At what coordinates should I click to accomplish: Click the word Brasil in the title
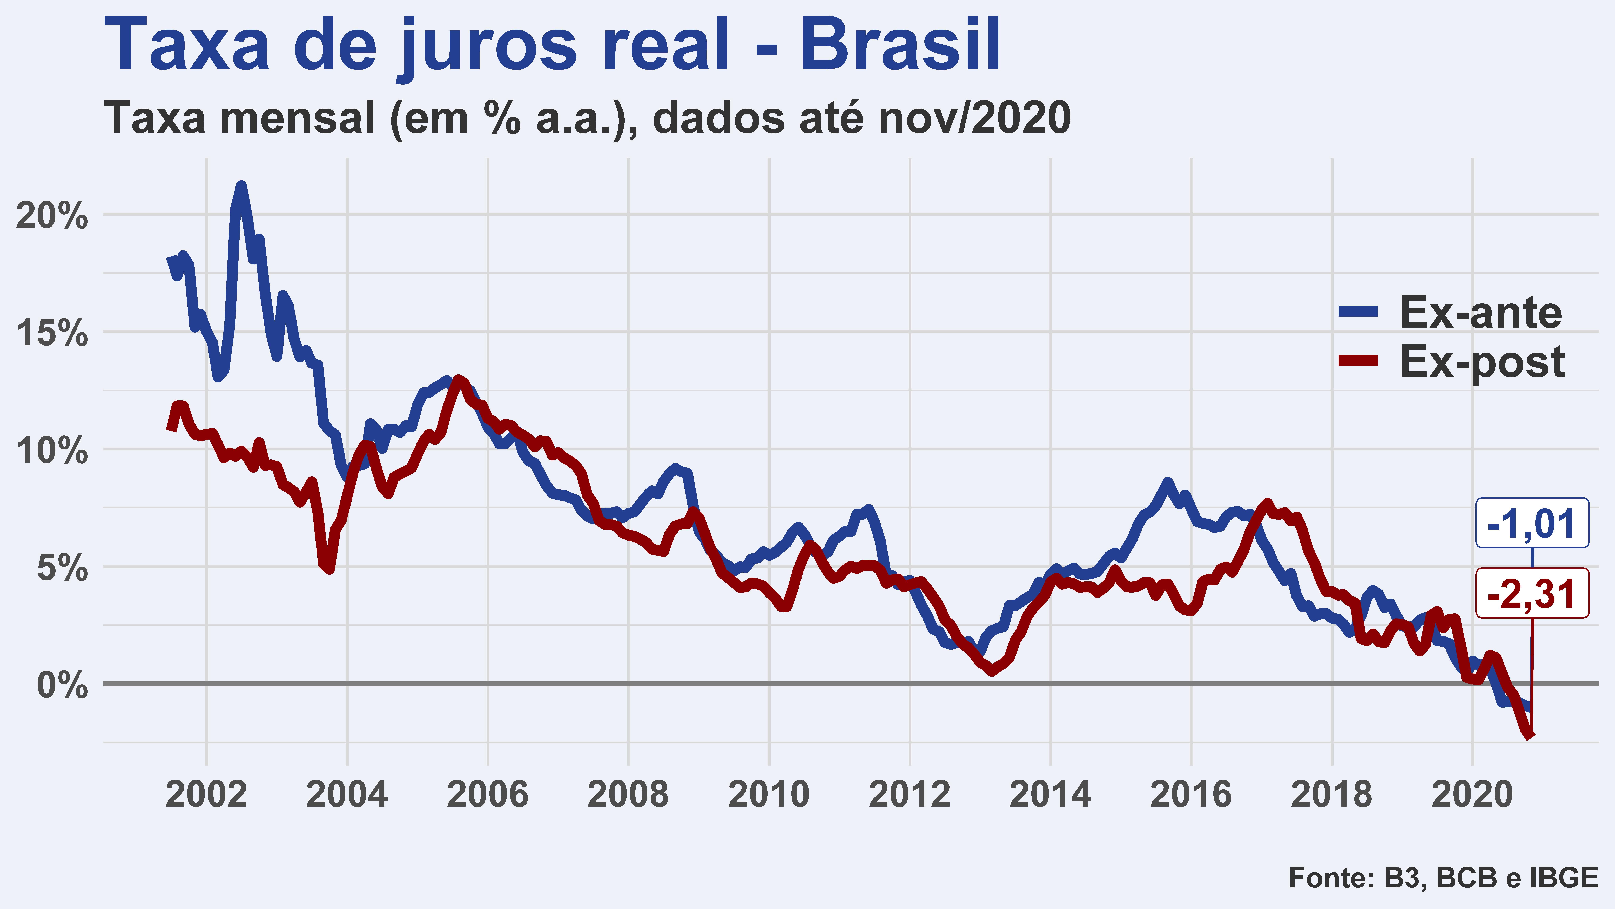[x=900, y=45]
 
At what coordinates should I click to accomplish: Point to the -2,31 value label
[x=1532, y=593]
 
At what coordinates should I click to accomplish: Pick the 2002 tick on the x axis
[x=206, y=795]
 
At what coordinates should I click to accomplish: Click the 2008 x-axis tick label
[x=628, y=795]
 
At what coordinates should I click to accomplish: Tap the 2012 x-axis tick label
[x=910, y=795]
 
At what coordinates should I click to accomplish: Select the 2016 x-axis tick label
[x=1191, y=795]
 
